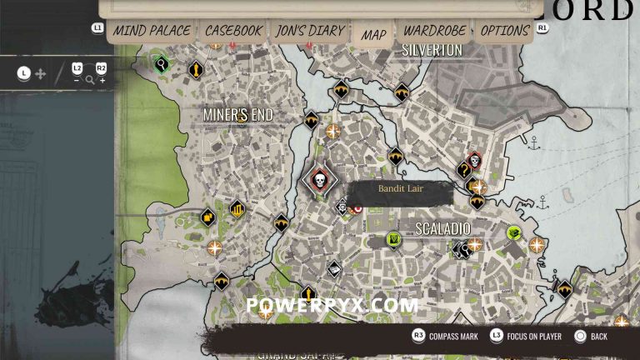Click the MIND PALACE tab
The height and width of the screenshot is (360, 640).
pyautogui.click(x=152, y=31)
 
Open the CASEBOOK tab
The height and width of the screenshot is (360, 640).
pyautogui.click(x=233, y=31)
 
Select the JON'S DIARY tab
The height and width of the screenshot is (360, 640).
pyautogui.click(x=309, y=31)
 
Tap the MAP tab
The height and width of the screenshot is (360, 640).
pyautogui.click(x=373, y=34)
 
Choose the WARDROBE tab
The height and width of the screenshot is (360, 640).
pyautogui.click(x=432, y=31)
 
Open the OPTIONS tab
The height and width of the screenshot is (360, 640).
pyautogui.click(x=504, y=31)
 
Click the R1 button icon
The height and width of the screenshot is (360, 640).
pyautogui.click(x=542, y=27)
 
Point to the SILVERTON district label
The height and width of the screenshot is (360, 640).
pyautogui.click(x=432, y=50)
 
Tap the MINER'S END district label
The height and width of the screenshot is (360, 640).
pyautogui.click(x=238, y=114)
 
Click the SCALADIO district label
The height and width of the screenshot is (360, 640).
pyautogui.click(x=443, y=228)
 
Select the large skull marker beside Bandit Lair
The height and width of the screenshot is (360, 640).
pyautogui.click(x=318, y=179)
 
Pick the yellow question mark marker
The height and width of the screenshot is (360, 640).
pyautogui.click(x=464, y=171)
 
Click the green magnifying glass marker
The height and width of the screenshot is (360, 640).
pyautogui.click(x=160, y=62)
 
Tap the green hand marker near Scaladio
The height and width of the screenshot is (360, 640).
pyautogui.click(x=393, y=240)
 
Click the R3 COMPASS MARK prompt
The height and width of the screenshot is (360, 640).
pyautogui.click(x=447, y=336)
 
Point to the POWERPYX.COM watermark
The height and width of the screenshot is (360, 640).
pyautogui.click(x=332, y=305)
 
